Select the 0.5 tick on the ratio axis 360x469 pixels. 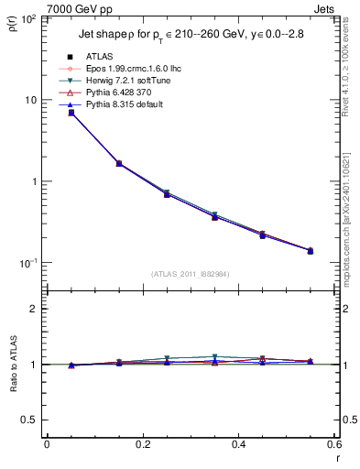30,420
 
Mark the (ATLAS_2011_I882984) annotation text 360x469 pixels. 190,273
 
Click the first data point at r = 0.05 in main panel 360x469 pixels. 71,113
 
